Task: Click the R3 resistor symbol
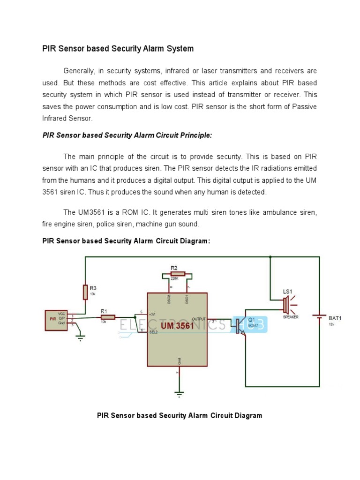[85, 292]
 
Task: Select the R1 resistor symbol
[107, 317]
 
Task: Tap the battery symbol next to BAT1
[320, 317]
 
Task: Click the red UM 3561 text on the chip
[178, 325]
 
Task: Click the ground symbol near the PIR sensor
[80, 336]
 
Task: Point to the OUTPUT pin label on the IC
[199, 319]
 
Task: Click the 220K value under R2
[174, 277]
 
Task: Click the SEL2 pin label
[154, 331]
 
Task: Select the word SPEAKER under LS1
[290, 317]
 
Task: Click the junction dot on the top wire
[270, 257]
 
